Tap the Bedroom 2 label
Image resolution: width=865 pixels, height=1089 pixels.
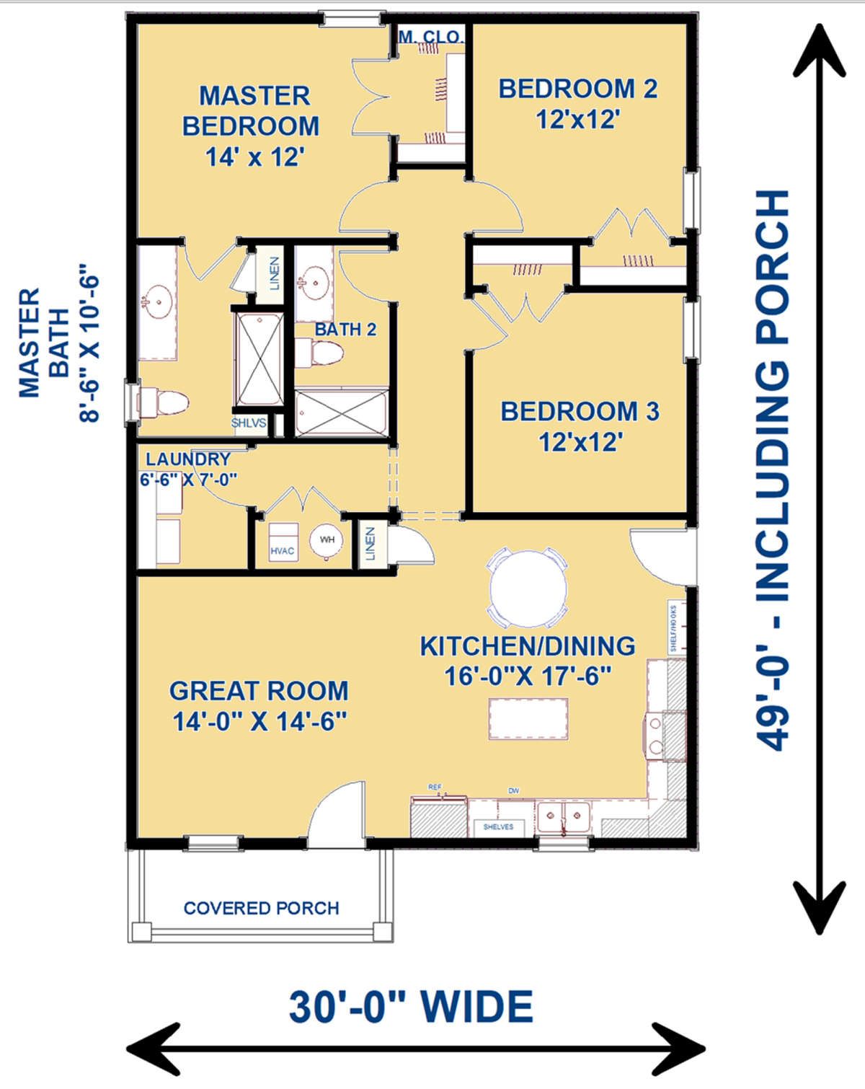tap(577, 103)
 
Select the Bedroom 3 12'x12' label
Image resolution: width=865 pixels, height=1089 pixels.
tap(580, 426)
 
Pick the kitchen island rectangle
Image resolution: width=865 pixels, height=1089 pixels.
tap(528, 718)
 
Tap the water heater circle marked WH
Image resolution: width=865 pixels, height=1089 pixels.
tap(327, 539)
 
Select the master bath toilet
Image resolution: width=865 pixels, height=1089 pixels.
tap(162, 402)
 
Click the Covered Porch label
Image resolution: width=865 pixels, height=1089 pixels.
tap(261, 908)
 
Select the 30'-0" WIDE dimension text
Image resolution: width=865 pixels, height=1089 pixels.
tap(411, 1007)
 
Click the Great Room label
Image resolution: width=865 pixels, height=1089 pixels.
tap(259, 705)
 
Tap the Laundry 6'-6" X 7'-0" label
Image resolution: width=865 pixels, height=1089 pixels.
tap(188, 469)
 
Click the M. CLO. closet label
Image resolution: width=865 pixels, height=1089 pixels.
tap(431, 37)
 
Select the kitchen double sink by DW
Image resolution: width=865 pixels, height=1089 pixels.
tap(563, 818)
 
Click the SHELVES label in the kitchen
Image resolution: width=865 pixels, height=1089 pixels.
tap(498, 826)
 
